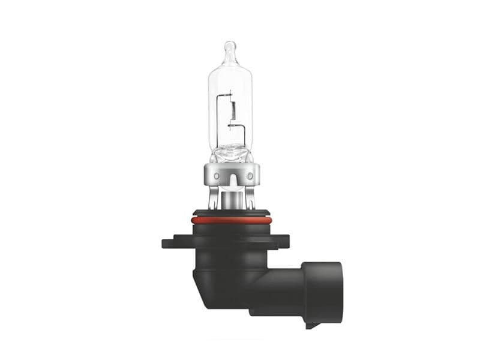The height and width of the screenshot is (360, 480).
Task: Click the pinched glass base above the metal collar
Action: click(230, 154)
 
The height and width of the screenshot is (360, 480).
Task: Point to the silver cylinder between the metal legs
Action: click(230, 198)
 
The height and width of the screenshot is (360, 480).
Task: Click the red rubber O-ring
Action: click(232, 220)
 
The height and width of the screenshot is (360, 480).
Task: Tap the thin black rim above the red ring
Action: click(232, 212)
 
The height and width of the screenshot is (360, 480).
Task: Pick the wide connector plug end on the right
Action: click(324, 294)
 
